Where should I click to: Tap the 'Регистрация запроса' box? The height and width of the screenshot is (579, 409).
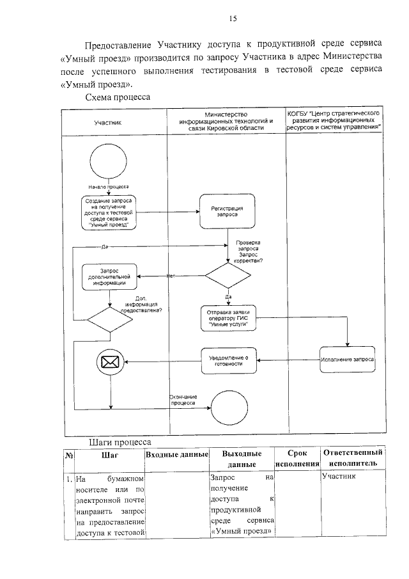click(x=228, y=212)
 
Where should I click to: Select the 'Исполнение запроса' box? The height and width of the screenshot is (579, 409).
click(x=348, y=360)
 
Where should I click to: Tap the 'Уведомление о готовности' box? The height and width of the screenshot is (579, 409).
click(x=228, y=360)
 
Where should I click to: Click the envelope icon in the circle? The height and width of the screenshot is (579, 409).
click(x=110, y=362)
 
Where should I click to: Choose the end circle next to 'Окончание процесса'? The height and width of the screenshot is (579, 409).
click(x=228, y=406)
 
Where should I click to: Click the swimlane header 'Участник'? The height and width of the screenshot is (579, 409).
click(x=108, y=122)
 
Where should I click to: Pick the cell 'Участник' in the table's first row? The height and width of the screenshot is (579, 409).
click(x=340, y=477)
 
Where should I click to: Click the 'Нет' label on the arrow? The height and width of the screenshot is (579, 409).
click(x=171, y=276)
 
